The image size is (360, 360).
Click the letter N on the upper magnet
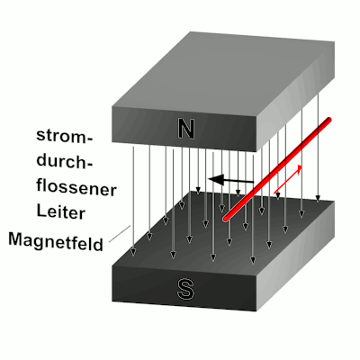click(x=186, y=129)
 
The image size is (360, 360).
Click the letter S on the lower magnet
click(x=184, y=289)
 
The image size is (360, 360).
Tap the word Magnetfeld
click(x=56, y=242)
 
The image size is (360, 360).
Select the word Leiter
click(x=61, y=211)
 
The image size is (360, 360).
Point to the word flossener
click(x=76, y=188)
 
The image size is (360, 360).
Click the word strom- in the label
click(x=65, y=136)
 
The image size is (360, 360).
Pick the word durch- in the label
click(x=65, y=161)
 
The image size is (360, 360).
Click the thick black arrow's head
click(x=216, y=180)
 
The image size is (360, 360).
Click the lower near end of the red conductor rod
click(x=226, y=219)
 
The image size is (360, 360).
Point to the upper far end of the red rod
click(x=328, y=120)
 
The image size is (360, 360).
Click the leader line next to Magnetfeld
click(x=120, y=233)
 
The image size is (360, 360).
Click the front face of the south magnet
click(x=184, y=289)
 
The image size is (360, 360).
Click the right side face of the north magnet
click(x=295, y=96)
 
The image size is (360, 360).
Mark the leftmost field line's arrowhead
click(x=134, y=252)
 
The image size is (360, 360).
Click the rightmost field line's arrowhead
click(x=318, y=198)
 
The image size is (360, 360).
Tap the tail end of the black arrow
click(x=254, y=182)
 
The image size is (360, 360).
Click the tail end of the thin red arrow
click(x=274, y=193)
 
